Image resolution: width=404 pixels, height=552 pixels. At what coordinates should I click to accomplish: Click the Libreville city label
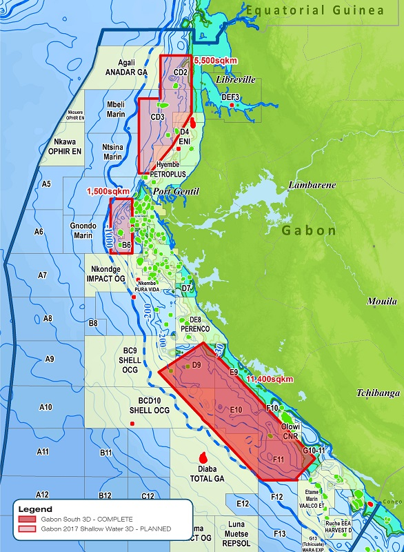click(x=235, y=80)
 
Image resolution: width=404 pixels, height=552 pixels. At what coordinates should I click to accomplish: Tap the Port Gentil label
click(x=175, y=191)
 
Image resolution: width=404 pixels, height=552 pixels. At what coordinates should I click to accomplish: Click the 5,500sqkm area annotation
click(x=216, y=61)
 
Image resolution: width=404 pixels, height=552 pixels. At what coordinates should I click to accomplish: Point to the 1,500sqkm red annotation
click(x=107, y=191)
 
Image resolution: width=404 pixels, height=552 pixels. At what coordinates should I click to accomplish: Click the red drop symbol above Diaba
click(x=203, y=457)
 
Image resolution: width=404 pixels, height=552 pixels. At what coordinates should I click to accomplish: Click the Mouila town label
click(x=382, y=302)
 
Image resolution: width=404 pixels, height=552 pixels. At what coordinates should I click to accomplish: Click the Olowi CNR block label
click(x=290, y=431)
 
